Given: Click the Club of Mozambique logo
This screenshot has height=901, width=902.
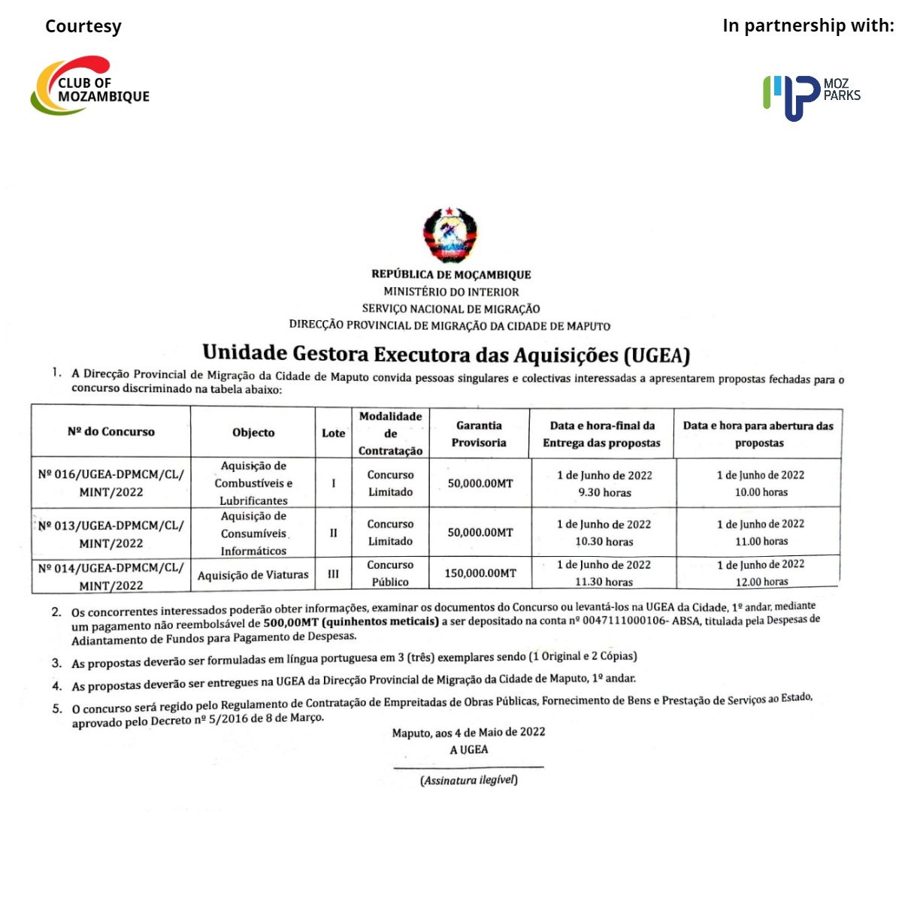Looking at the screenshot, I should tap(90, 86).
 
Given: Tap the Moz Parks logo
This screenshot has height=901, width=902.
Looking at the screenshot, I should tap(810, 95).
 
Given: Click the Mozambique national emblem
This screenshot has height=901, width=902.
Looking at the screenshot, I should tap(450, 235).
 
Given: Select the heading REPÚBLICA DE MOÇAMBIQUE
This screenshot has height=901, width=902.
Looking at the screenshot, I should tap(451, 275).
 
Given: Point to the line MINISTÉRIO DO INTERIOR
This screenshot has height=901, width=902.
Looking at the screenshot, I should tap(451, 292).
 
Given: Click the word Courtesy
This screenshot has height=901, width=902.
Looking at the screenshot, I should tap(83, 26).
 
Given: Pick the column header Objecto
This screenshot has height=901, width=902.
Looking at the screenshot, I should tap(253, 433).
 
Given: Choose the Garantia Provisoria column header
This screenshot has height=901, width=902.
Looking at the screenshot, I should tap(479, 434).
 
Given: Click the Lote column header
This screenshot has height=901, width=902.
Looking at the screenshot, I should tap(333, 434).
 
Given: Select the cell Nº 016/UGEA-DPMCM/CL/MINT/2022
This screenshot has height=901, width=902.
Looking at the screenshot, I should tap(111, 483).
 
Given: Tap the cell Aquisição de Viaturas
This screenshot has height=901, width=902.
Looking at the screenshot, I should tap(253, 575).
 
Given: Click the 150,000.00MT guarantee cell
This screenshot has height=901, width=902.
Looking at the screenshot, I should tap(480, 573).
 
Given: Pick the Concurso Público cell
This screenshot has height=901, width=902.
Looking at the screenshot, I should tap(390, 573).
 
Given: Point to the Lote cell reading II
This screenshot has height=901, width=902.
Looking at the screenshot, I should tap(333, 533).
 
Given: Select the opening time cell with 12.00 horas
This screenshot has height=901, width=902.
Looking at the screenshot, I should tap(761, 573).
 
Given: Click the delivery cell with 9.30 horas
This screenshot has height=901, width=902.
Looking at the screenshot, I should tap(604, 484).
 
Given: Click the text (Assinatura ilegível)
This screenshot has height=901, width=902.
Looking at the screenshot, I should tap(469, 780).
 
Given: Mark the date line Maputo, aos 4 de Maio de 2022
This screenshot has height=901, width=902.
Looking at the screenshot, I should tap(468, 733).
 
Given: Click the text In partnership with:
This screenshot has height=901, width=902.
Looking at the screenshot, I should tap(808, 26).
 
